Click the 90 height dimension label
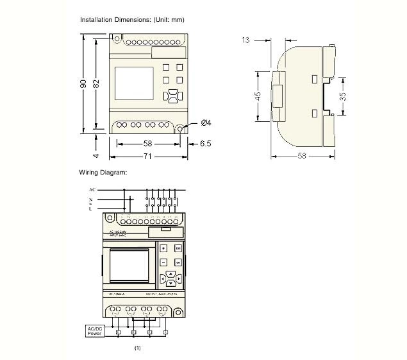tap(83, 85)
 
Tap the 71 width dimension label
tap(148, 156)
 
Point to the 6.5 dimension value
tap(205, 144)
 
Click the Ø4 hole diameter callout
tap(206, 123)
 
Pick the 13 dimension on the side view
tap(246, 40)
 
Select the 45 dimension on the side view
tap(258, 96)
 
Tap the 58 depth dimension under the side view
tap(301, 156)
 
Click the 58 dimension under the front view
tap(148, 144)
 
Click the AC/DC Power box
tap(95, 330)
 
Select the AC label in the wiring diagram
tap(92, 191)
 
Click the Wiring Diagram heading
tap(103, 172)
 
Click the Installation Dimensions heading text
tap(132, 20)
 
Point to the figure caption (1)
tap(137, 348)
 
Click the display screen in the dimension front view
tap(133, 83)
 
